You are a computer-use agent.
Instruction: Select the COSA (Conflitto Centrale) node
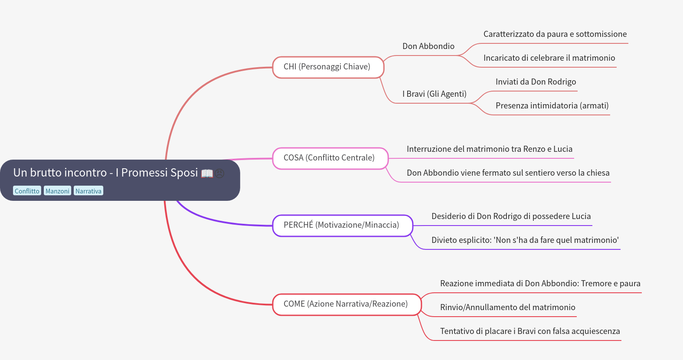coord(330,158)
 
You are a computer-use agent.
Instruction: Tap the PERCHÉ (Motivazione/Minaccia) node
coord(342,225)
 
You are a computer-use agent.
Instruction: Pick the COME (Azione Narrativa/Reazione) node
coord(346,304)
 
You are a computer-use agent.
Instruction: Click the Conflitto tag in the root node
coord(27,191)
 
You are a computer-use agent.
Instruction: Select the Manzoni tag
coord(57,191)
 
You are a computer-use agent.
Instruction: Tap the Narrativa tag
coord(88,191)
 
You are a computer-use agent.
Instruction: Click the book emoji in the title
coord(207,173)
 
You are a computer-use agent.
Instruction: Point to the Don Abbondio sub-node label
coord(428,46)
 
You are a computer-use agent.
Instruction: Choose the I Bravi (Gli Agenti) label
coord(434,94)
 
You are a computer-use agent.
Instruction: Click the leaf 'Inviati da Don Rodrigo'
coord(536,82)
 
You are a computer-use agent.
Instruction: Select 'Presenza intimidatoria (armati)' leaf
coord(552,106)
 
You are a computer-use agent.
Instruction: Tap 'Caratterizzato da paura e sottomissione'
coord(555,34)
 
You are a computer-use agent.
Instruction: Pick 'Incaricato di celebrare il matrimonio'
coord(549,58)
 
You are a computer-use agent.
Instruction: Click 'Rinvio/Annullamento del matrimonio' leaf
coord(507,308)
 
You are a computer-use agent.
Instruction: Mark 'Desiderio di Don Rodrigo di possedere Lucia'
coord(511,216)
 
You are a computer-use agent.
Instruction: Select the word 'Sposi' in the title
coord(184,173)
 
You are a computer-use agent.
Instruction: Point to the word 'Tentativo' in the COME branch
coord(458,331)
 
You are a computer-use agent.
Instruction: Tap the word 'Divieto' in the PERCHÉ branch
coord(445,240)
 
